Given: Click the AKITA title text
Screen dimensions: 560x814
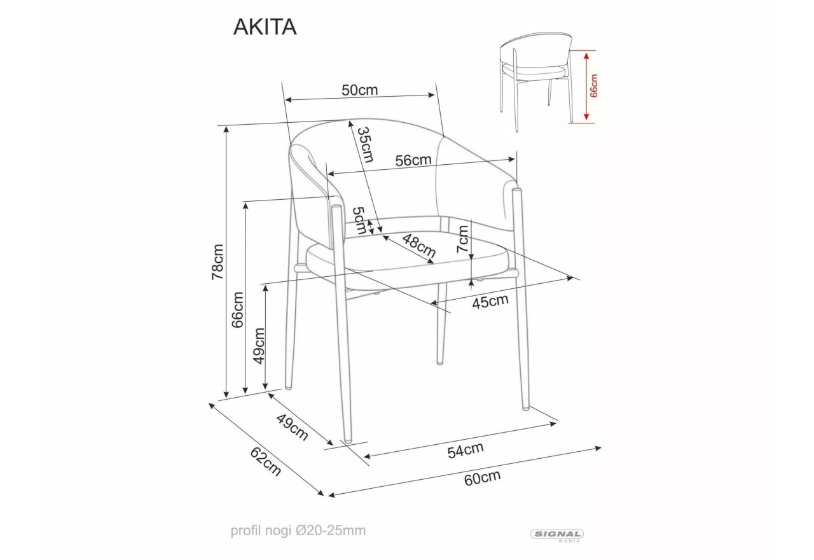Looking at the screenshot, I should click(265, 27).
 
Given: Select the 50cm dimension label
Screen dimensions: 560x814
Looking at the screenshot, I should click(359, 90).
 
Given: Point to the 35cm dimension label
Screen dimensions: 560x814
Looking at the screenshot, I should click(364, 144).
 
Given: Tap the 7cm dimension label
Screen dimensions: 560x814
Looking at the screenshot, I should click(464, 241).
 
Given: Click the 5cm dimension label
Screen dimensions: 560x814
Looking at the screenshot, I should click(360, 219).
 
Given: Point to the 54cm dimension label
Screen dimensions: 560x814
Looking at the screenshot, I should click(466, 451).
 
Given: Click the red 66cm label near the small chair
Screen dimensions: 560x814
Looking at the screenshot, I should click(594, 85).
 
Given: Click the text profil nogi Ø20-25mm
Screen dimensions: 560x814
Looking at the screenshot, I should click(298, 530).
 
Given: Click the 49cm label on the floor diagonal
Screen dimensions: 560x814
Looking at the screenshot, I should click(293, 426).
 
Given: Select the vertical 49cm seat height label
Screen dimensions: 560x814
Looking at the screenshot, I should click(259, 346).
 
